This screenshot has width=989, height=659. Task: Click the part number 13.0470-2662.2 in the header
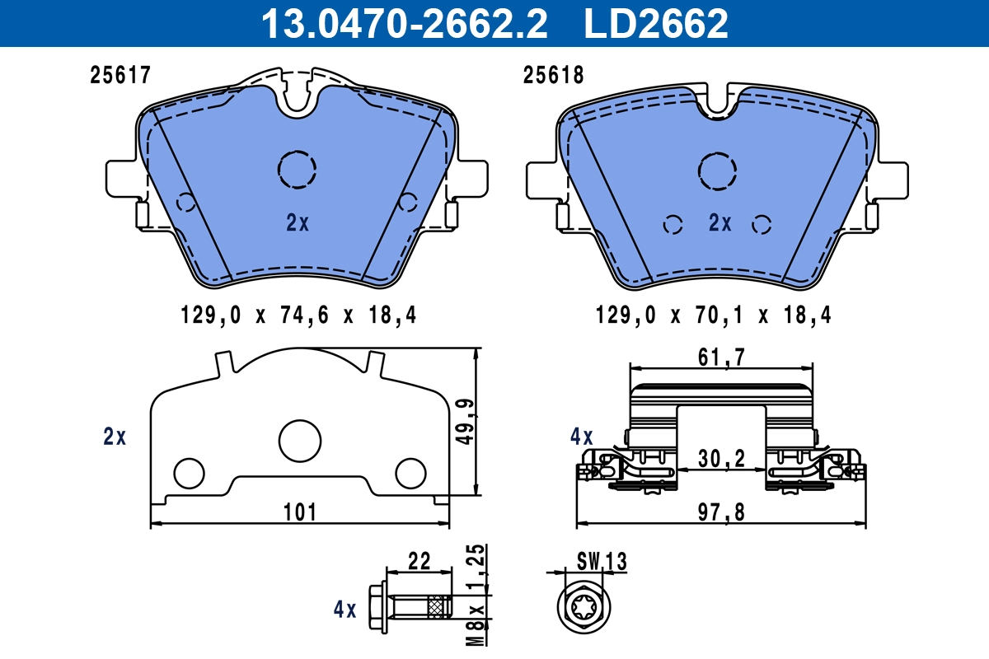(x=404, y=24)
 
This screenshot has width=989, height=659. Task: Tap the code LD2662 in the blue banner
(x=656, y=24)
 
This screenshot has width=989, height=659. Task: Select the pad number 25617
(x=120, y=76)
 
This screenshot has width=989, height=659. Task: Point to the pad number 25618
(x=554, y=76)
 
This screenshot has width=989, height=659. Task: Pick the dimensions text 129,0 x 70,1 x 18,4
(x=714, y=315)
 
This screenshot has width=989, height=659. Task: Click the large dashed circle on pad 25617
(x=297, y=170)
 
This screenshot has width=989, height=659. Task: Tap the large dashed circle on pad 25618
(x=717, y=171)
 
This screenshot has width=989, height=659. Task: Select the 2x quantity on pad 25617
(x=297, y=222)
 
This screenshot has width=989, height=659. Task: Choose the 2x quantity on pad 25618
(x=719, y=223)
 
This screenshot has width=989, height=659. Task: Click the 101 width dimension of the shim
(x=300, y=512)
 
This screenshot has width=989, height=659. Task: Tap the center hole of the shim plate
(x=298, y=440)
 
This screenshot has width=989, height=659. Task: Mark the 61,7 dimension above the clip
(x=722, y=357)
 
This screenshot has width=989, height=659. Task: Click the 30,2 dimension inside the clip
(x=722, y=458)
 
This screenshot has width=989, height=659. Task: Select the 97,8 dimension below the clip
(x=722, y=512)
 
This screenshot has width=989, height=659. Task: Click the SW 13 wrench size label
(x=601, y=562)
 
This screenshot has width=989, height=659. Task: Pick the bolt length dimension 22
(x=420, y=561)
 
